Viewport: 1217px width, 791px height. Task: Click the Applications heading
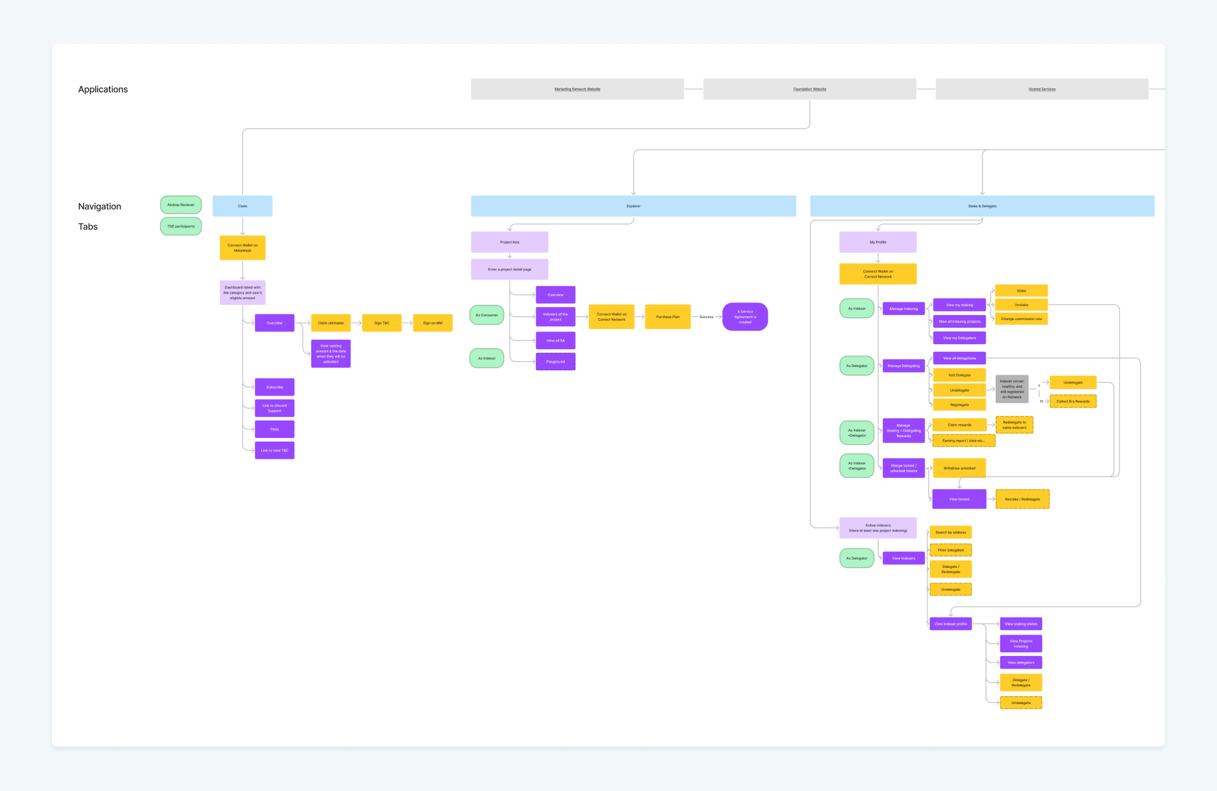(x=103, y=89)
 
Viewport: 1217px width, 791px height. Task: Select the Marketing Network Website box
(x=577, y=89)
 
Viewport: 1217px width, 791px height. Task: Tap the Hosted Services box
(x=1041, y=89)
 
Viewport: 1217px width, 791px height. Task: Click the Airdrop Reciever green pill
(x=181, y=205)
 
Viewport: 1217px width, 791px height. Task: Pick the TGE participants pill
(x=181, y=226)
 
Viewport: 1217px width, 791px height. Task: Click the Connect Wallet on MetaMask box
(x=242, y=248)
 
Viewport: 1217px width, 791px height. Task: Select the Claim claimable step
(x=330, y=323)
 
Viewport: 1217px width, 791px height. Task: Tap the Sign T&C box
(x=382, y=323)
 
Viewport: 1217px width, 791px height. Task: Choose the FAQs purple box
(x=274, y=430)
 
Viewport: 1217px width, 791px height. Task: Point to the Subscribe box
(x=274, y=387)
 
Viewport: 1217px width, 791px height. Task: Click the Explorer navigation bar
(x=633, y=206)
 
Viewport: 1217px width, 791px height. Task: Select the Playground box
(x=555, y=362)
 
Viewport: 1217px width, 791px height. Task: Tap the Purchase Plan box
(x=667, y=317)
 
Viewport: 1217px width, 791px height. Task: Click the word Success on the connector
(x=706, y=317)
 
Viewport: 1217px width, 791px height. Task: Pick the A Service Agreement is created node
(x=745, y=317)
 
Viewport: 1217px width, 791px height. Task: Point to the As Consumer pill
(x=487, y=315)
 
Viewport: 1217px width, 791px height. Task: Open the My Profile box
(x=878, y=242)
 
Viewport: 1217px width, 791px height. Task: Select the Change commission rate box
(x=1021, y=319)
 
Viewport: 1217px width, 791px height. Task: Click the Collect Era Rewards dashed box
(x=1072, y=401)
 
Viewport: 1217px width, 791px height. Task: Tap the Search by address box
(x=950, y=532)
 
